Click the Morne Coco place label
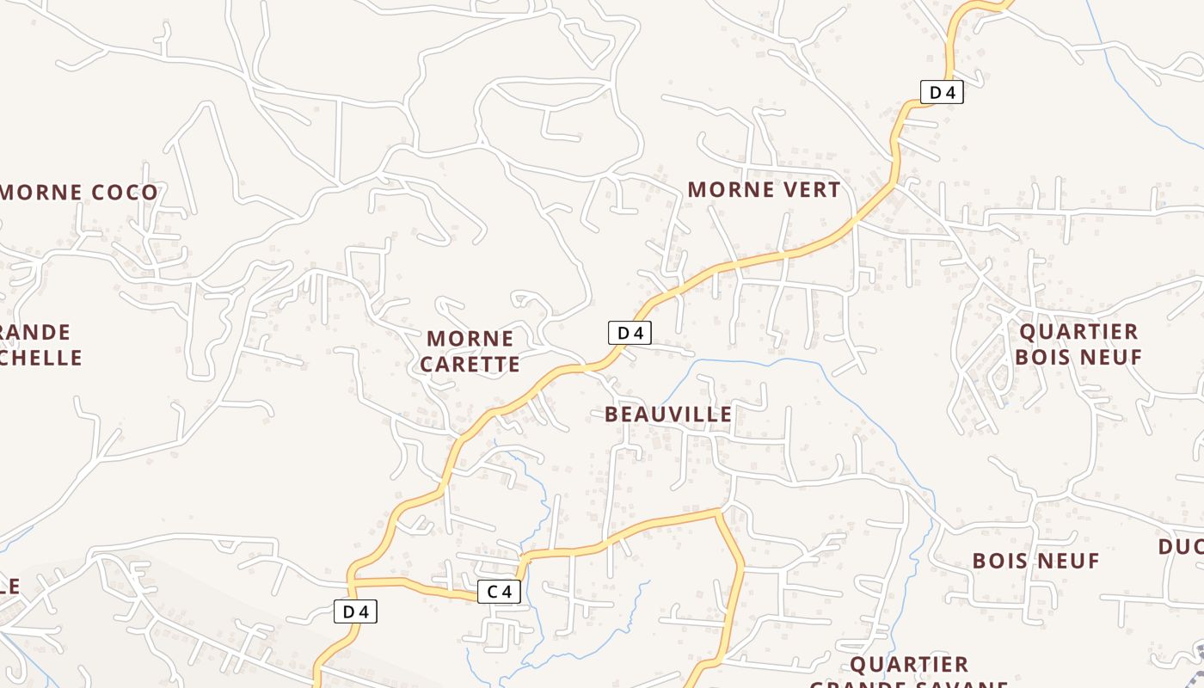click(x=79, y=192)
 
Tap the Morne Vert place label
click(x=764, y=189)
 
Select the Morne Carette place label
click(x=470, y=351)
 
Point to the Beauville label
click(x=668, y=415)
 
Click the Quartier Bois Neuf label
click(x=1078, y=344)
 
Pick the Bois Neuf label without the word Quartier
click(x=1035, y=561)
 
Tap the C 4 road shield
click(x=500, y=592)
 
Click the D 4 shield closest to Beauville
click(x=630, y=333)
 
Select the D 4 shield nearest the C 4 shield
click(x=355, y=611)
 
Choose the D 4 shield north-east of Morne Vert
click(x=942, y=92)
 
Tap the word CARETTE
click(x=470, y=365)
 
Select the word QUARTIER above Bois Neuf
click(x=1078, y=332)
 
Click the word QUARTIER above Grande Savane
click(x=909, y=665)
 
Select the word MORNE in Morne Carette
click(x=470, y=338)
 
